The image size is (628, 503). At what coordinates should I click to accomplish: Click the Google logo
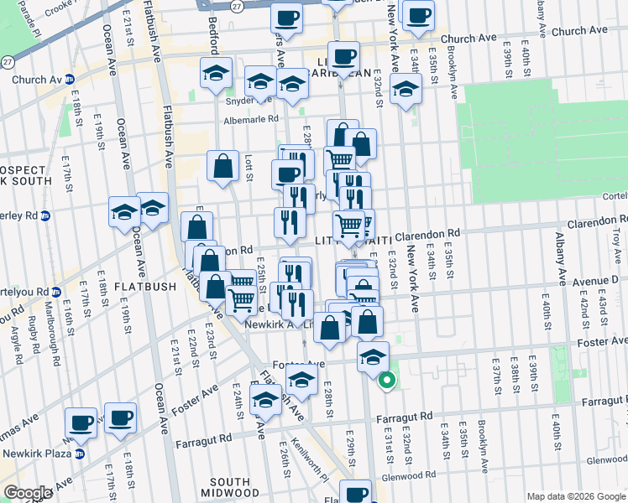pyautogui.click(x=28, y=492)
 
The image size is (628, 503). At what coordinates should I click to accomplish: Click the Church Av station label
pyautogui.click(x=38, y=80)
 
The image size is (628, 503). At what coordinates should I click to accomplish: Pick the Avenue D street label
pyautogui.click(x=598, y=280)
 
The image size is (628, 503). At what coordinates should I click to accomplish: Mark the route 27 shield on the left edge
pyautogui.click(x=7, y=62)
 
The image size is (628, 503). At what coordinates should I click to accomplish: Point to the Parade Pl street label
pyautogui.click(x=35, y=18)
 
